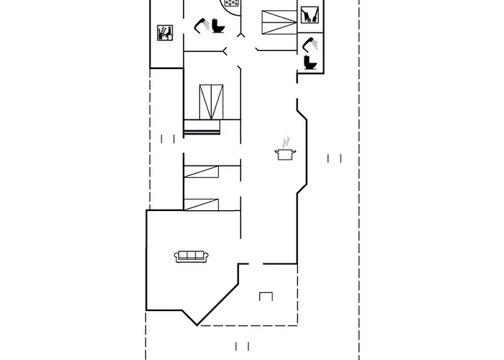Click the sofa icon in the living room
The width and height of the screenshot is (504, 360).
pyautogui.click(x=191, y=256)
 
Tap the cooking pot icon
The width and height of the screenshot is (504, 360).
pyautogui.click(x=285, y=153)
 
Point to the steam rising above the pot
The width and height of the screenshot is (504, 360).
pyautogui.click(x=287, y=140)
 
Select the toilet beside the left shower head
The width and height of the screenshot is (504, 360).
pyautogui.click(x=219, y=25)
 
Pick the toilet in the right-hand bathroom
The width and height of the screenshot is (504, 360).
pyautogui.click(x=311, y=62)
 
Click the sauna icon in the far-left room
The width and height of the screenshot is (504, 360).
pyautogui.click(x=165, y=33)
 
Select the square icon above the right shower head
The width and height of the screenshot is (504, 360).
pyautogui.click(x=310, y=14)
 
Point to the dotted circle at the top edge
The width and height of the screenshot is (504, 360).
pyautogui.click(x=231, y=3)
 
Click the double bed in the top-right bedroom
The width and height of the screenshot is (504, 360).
pyautogui.click(x=279, y=23)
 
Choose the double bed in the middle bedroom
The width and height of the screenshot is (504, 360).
pyautogui.click(x=211, y=102)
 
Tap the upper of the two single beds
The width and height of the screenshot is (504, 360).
pyautogui.click(x=202, y=171)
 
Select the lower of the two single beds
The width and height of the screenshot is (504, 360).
pyautogui.click(x=202, y=203)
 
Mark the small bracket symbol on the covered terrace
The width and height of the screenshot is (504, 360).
pyautogui.click(x=266, y=295)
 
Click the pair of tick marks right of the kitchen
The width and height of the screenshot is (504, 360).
pyautogui.click(x=333, y=158)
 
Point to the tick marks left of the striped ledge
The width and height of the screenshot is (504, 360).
pyautogui.click(x=168, y=139)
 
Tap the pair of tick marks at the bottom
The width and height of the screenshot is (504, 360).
pyautogui.click(x=243, y=346)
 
